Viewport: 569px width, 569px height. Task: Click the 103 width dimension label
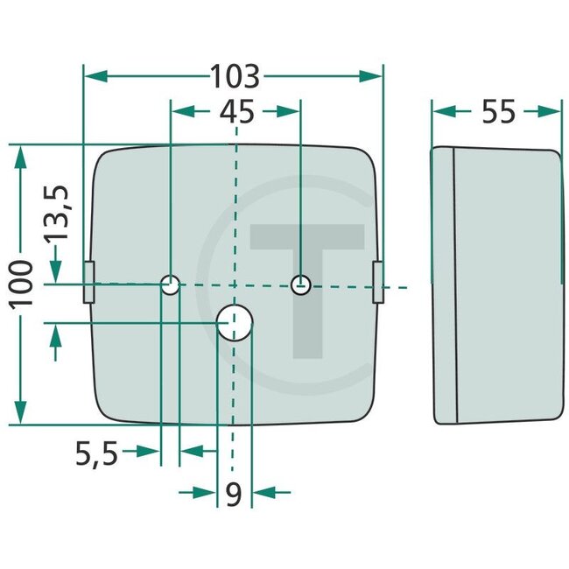click(235, 77)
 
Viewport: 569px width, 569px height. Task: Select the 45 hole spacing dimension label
click(235, 112)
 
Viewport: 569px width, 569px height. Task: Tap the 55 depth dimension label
click(498, 111)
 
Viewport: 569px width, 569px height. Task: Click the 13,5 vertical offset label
click(59, 213)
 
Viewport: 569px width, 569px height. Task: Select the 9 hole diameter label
click(233, 494)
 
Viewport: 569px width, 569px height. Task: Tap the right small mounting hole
click(300, 284)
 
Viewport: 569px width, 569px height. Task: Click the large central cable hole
click(235, 323)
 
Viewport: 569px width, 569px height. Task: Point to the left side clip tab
click(88, 282)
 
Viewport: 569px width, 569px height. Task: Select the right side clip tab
click(378, 282)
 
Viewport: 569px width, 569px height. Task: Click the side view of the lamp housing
click(495, 284)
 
